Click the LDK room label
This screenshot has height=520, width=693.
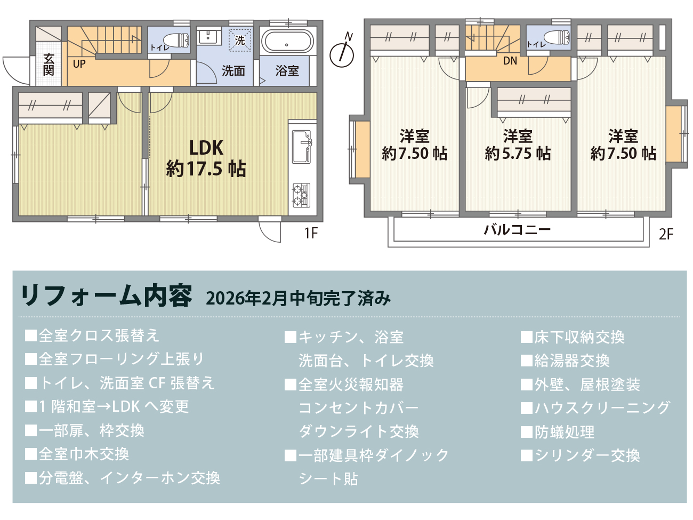(206, 148)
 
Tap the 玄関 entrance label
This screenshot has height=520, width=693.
(49, 65)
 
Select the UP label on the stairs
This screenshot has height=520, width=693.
(79, 64)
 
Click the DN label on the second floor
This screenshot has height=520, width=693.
(510, 61)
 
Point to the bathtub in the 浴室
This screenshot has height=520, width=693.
(287, 42)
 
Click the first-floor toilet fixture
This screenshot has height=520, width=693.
(176, 40)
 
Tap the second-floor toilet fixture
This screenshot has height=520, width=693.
(557, 37)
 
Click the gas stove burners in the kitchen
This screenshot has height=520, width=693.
(301, 195)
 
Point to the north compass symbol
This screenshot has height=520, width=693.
(342, 53)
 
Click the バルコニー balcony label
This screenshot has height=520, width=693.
(517, 230)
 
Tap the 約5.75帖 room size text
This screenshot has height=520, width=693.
(518, 154)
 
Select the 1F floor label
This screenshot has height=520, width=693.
(311, 233)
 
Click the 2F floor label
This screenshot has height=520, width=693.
(666, 234)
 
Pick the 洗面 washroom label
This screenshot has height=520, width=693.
(233, 71)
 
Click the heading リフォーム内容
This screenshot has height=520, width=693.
(106, 296)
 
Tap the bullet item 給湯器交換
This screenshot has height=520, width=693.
(571, 361)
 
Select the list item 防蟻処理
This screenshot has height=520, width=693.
(564, 432)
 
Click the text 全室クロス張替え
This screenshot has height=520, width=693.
(99, 335)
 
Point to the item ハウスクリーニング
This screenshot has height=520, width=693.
(602, 408)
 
